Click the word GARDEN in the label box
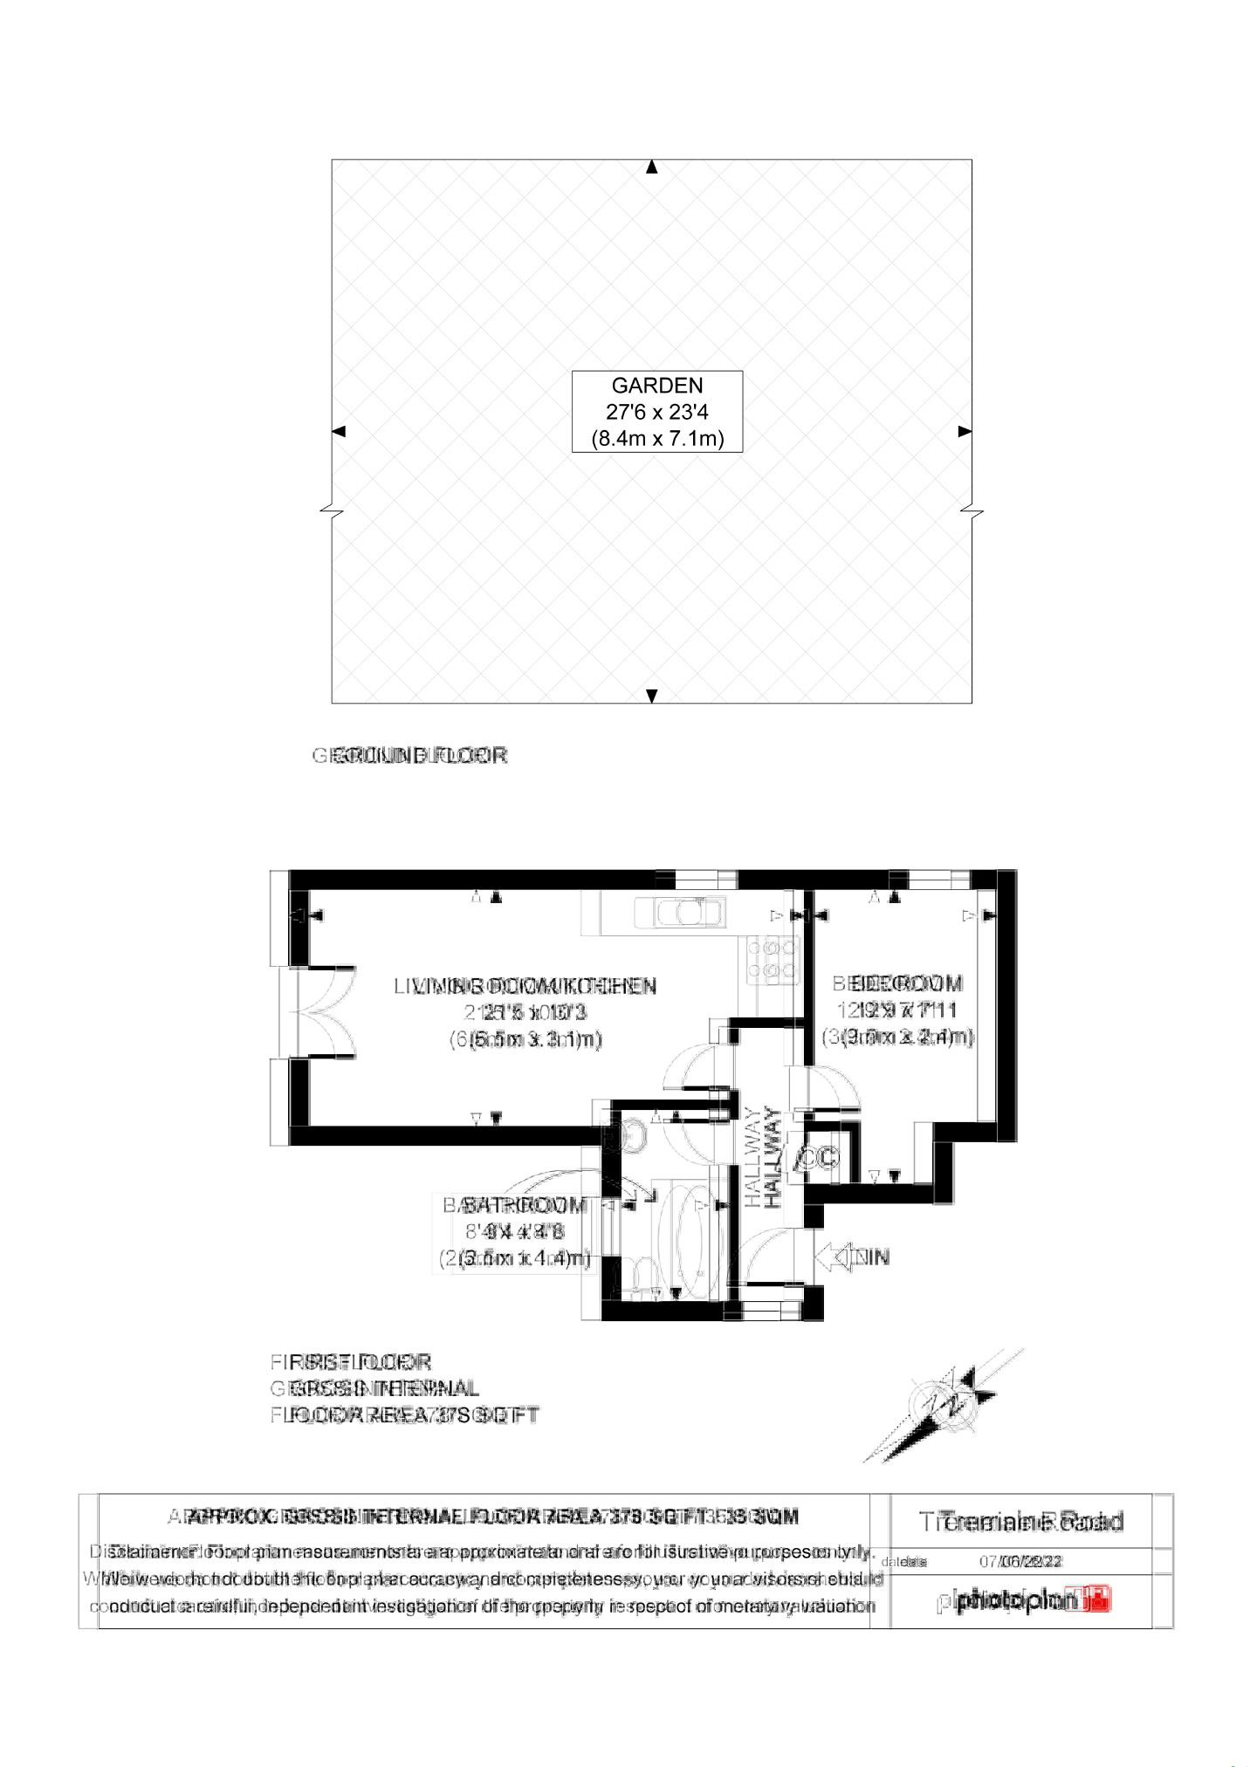(x=656, y=385)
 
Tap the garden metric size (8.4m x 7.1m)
(x=656, y=438)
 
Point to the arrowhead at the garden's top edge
(x=650, y=168)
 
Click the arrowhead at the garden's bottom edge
(x=650, y=695)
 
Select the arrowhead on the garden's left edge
(x=340, y=431)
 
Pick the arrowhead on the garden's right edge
(x=965, y=431)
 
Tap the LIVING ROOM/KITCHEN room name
(x=525, y=987)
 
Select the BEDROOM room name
(x=899, y=984)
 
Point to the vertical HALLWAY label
(x=761, y=1157)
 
